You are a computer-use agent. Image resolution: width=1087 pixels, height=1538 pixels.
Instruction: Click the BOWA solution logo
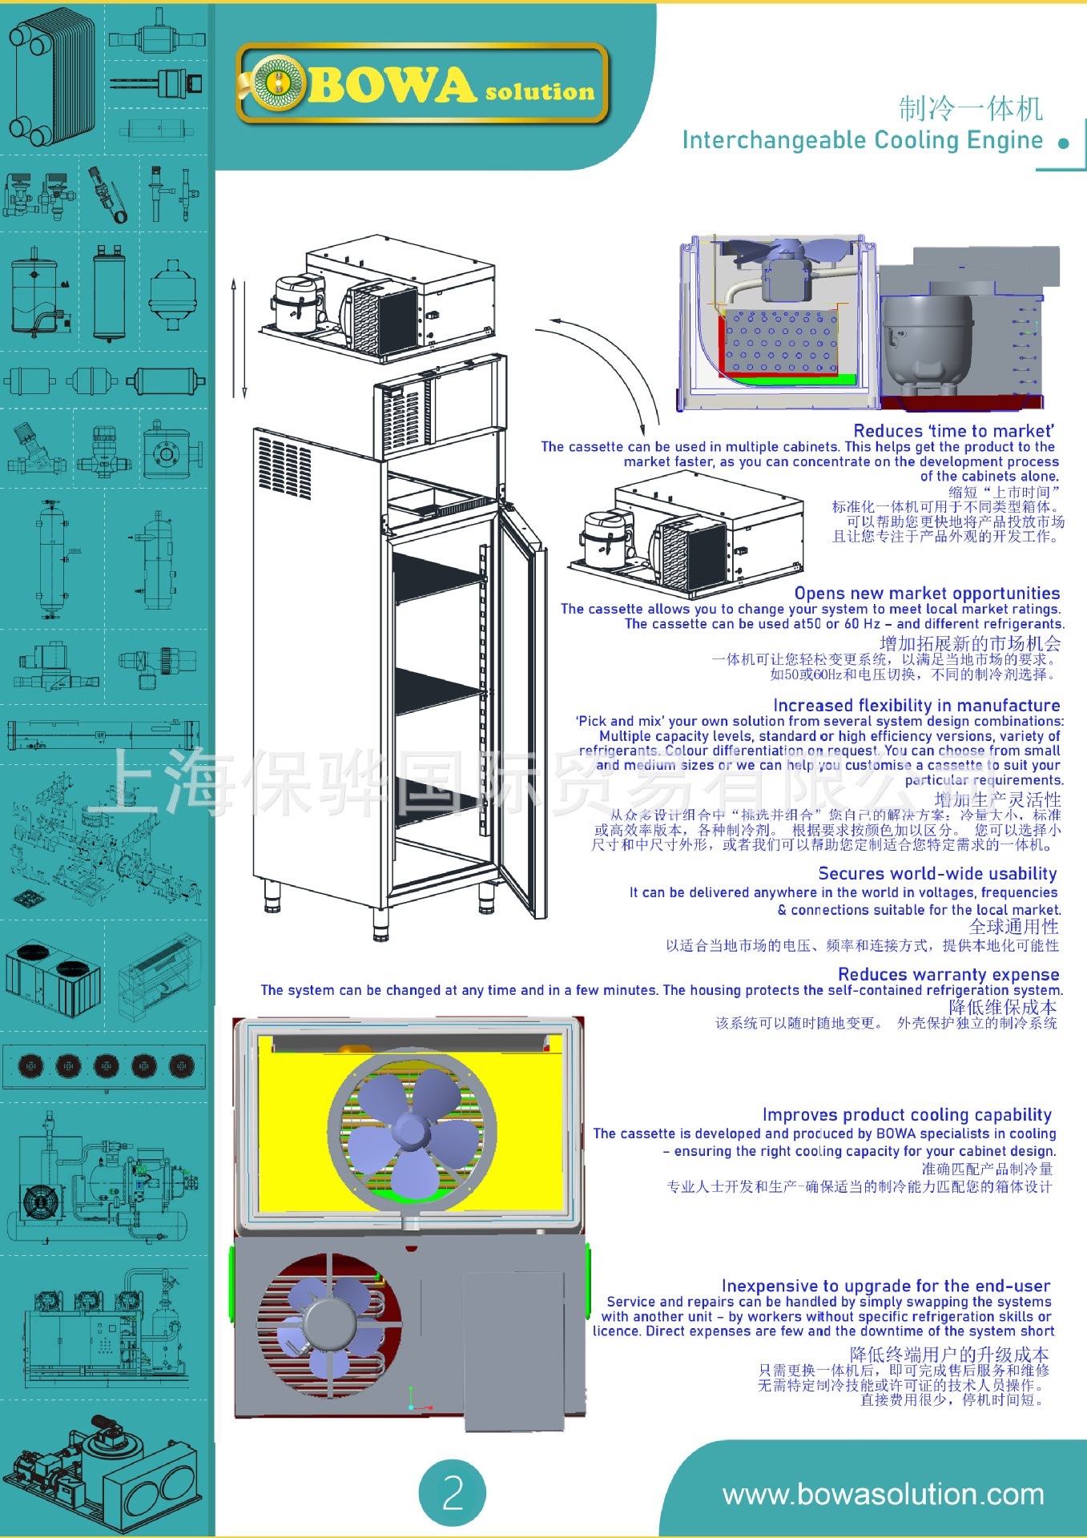click(422, 85)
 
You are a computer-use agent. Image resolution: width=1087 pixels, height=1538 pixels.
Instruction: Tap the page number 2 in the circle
click(453, 1492)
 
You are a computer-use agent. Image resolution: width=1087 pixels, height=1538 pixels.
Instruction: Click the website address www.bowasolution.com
click(883, 1494)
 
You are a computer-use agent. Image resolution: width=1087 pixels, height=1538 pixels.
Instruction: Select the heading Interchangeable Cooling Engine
click(862, 140)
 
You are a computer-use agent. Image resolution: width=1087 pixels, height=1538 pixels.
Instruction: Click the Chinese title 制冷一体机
click(970, 108)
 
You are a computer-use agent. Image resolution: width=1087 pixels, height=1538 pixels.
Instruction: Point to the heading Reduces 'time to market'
click(953, 431)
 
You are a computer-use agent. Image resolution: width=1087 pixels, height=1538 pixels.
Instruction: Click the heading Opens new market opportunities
click(927, 594)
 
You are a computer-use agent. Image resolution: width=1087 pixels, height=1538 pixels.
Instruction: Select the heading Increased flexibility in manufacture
click(916, 706)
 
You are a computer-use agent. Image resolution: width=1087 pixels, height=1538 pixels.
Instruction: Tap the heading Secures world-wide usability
click(937, 874)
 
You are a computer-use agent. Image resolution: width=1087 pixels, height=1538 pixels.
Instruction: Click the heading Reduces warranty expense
click(948, 975)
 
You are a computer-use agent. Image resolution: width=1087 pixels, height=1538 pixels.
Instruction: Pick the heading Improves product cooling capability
click(907, 1115)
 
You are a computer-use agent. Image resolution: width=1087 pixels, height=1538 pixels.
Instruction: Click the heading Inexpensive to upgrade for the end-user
click(885, 1286)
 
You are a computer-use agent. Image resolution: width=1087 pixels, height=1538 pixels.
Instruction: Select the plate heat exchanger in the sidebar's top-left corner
click(50, 76)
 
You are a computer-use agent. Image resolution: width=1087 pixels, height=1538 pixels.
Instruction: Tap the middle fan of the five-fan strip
click(106, 1065)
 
